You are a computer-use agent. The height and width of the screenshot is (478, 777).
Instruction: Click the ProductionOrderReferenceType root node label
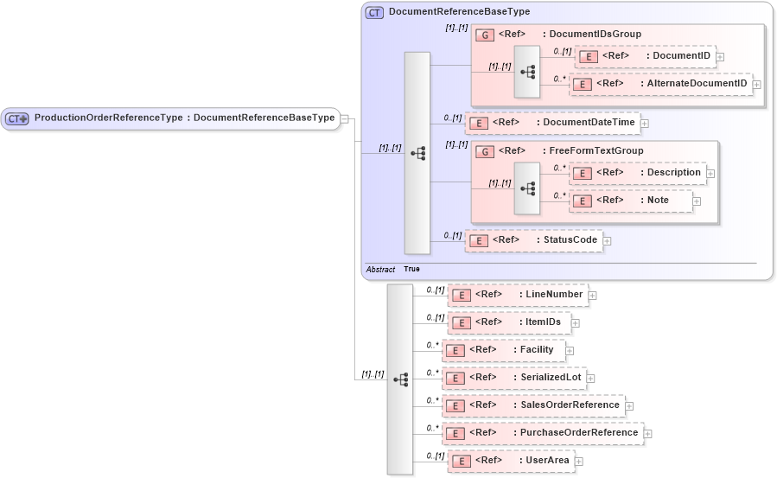point(184,118)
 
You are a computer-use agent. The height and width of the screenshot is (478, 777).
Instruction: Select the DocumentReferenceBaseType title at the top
point(459,12)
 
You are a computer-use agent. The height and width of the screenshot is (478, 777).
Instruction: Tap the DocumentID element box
point(645,56)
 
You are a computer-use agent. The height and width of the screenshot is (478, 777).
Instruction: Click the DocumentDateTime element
point(552,123)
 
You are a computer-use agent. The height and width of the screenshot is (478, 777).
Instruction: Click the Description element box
point(638,173)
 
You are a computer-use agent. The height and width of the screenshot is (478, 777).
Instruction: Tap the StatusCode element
point(533,240)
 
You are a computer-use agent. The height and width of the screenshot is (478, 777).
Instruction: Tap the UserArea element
point(510,461)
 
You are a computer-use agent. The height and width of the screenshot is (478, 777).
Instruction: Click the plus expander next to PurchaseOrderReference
point(648,433)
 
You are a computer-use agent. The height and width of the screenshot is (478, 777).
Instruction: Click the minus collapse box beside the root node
point(345,118)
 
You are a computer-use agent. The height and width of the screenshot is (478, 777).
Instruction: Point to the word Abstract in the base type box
point(380,270)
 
